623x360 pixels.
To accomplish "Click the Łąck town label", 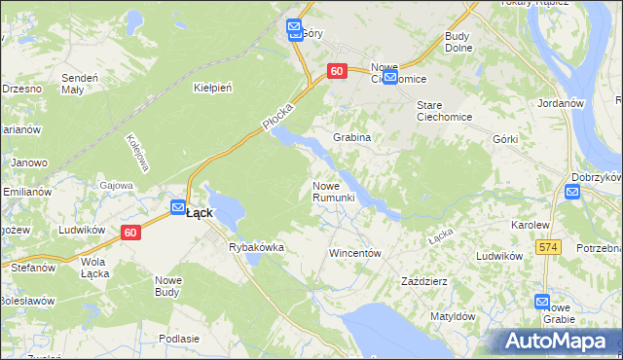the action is [200, 212].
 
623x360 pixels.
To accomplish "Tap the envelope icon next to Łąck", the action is [178, 207].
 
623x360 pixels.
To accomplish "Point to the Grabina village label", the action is [352, 137].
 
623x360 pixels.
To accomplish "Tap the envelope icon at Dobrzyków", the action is [572, 192].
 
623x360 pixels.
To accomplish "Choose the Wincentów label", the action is [353, 253].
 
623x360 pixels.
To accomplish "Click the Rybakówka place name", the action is [256, 247].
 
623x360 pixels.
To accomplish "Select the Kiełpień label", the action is [212, 88].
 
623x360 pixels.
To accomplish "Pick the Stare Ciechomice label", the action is [444, 111].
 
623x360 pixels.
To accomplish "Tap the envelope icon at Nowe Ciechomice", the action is [389, 78].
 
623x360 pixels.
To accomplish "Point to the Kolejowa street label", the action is [135, 153].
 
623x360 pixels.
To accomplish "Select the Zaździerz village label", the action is [424, 281].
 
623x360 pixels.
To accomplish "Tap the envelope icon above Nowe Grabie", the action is [542, 303].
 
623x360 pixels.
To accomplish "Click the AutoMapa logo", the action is [558, 342].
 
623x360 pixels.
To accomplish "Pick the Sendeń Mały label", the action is [79, 83].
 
